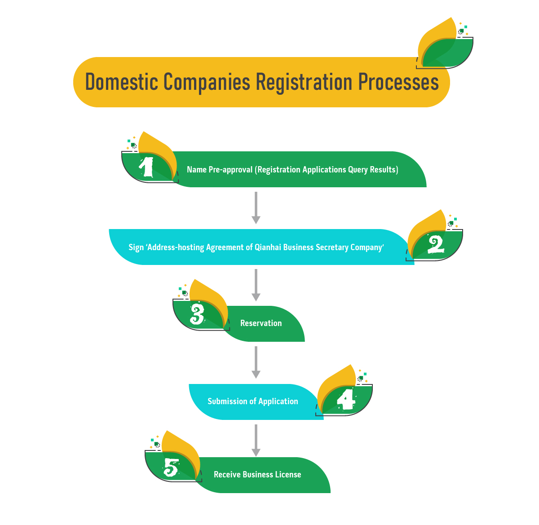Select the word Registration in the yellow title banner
click(x=304, y=82)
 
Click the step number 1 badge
click(x=147, y=167)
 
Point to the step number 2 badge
click(x=436, y=245)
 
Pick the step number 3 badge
click(x=197, y=314)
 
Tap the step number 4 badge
click(x=346, y=399)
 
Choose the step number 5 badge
click(x=171, y=468)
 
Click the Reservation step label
click(x=261, y=323)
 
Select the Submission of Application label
click(x=253, y=401)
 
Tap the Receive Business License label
click(x=257, y=475)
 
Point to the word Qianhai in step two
click(x=268, y=247)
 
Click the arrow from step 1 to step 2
click(x=256, y=207)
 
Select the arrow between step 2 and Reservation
click(x=256, y=285)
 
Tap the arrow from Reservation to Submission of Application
click(x=256, y=362)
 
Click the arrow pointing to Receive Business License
click(x=256, y=440)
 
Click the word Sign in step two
click(x=136, y=247)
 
